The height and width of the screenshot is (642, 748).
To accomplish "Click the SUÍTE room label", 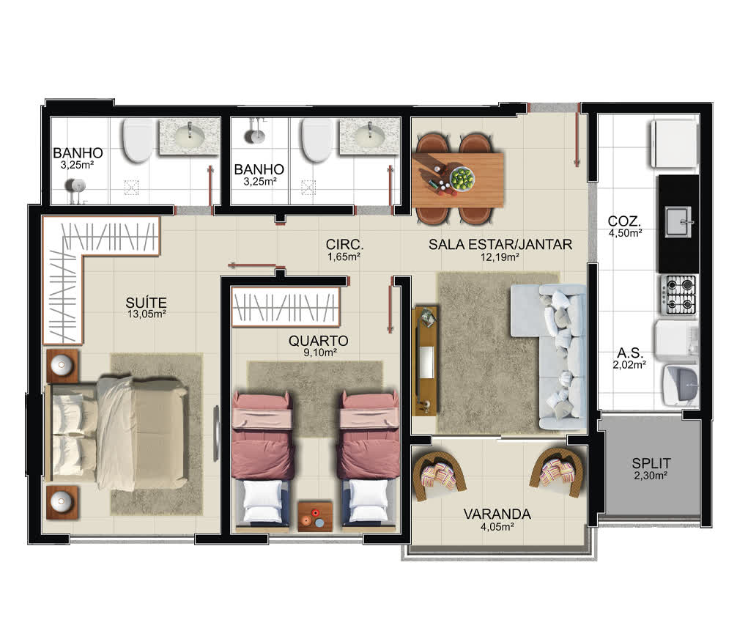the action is (146, 303).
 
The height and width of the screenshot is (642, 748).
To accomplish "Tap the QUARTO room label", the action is (318, 341).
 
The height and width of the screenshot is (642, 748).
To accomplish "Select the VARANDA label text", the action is (497, 514).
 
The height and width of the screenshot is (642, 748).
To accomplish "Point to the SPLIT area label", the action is (651, 463).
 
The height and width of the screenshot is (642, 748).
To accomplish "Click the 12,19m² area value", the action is (500, 257).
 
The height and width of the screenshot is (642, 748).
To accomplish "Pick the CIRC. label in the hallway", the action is (344, 244).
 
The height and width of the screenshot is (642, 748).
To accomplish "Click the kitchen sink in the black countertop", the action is (678, 221).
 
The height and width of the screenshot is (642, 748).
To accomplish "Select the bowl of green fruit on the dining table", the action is (462, 179).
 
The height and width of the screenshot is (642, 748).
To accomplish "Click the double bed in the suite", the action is (117, 432).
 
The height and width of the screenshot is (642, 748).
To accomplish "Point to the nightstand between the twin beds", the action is (315, 516).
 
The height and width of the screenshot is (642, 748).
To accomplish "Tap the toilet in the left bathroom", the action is (138, 140).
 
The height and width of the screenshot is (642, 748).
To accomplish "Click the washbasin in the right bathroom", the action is (370, 136).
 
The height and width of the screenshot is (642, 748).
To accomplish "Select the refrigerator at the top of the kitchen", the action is (673, 144).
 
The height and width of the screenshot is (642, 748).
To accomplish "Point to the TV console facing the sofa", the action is (426, 361).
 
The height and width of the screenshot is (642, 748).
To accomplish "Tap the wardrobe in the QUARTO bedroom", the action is (286, 307).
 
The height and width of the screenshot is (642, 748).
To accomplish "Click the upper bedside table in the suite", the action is (62, 366).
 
